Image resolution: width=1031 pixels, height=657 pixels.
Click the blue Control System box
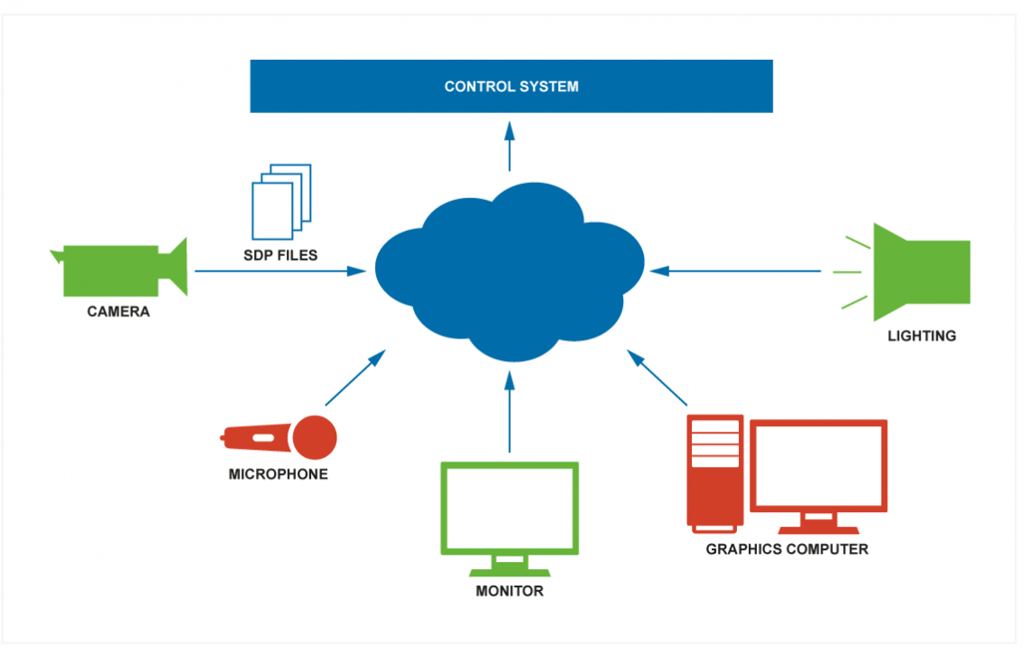click(512, 86)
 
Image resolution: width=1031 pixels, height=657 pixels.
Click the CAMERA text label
click(118, 311)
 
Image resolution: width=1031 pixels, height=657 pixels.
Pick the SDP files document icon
click(281, 202)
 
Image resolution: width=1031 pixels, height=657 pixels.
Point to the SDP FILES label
click(280, 255)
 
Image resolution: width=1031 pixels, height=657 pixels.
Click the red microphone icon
click(279, 437)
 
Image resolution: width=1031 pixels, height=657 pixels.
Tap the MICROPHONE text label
click(279, 474)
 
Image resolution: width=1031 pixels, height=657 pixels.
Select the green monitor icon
click(509, 519)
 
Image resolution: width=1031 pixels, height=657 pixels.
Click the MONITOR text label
click(509, 591)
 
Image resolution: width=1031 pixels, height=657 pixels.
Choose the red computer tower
click(715, 473)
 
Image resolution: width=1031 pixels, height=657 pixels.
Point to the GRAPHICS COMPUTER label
click(787, 549)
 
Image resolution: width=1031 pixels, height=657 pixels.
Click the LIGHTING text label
click(922, 336)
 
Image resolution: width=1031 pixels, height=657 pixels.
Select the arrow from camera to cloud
click(280, 271)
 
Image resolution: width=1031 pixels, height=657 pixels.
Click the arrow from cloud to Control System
click(509, 146)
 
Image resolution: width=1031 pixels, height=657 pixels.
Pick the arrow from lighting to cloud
click(735, 271)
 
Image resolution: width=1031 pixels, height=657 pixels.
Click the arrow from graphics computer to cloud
click(657, 377)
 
